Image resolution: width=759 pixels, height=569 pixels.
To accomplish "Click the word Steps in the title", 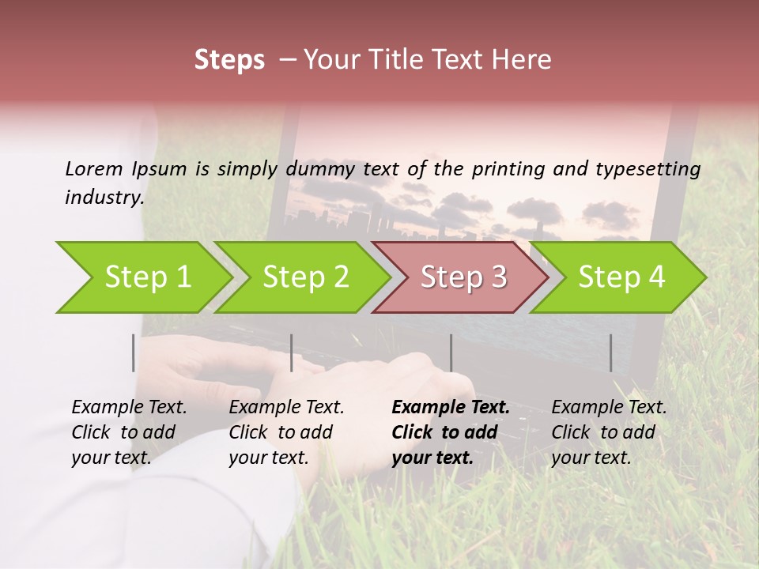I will coord(229,60).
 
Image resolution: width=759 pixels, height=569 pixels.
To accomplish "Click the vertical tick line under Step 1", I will coord(134,352).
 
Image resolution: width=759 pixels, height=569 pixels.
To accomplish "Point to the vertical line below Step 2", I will coord(292,352).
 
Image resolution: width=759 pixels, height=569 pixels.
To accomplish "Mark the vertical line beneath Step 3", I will coord(451,352).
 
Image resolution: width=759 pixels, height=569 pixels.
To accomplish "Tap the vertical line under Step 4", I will coord(611,352).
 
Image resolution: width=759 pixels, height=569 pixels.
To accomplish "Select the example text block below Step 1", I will coord(129,432).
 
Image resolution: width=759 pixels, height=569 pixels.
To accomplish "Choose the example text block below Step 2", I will coord(286,432).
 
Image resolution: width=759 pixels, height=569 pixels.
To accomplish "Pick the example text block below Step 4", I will coord(609,432).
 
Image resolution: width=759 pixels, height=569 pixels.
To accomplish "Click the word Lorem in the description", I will coord(94,168).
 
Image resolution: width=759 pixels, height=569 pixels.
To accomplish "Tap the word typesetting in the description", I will coord(655,168).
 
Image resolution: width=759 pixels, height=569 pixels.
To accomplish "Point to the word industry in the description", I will coord(104,198).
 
